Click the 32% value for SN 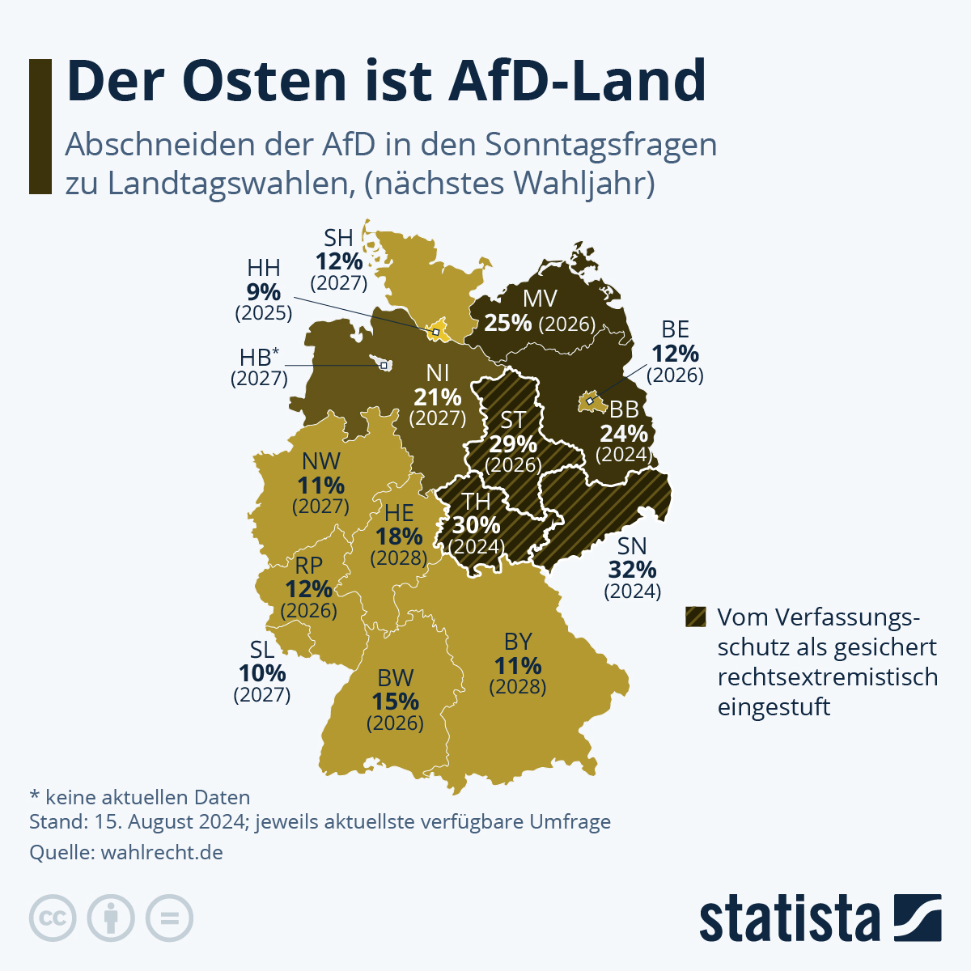click(x=632, y=570)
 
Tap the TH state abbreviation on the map click(x=477, y=502)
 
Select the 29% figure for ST click(x=513, y=444)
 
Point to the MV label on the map click(x=540, y=299)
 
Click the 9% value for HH click(x=264, y=291)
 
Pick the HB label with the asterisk click(x=259, y=357)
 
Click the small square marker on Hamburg click(x=435, y=332)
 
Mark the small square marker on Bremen click(x=383, y=365)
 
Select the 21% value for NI click(x=438, y=397)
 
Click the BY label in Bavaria click(x=518, y=642)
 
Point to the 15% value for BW click(x=395, y=702)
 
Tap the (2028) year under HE click(x=399, y=558)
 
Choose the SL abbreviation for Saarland click(x=262, y=650)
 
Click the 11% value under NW click(x=321, y=485)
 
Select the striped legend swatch click(x=695, y=617)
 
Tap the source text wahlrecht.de click(x=162, y=852)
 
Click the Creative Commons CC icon click(x=53, y=918)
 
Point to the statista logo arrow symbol click(x=918, y=918)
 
